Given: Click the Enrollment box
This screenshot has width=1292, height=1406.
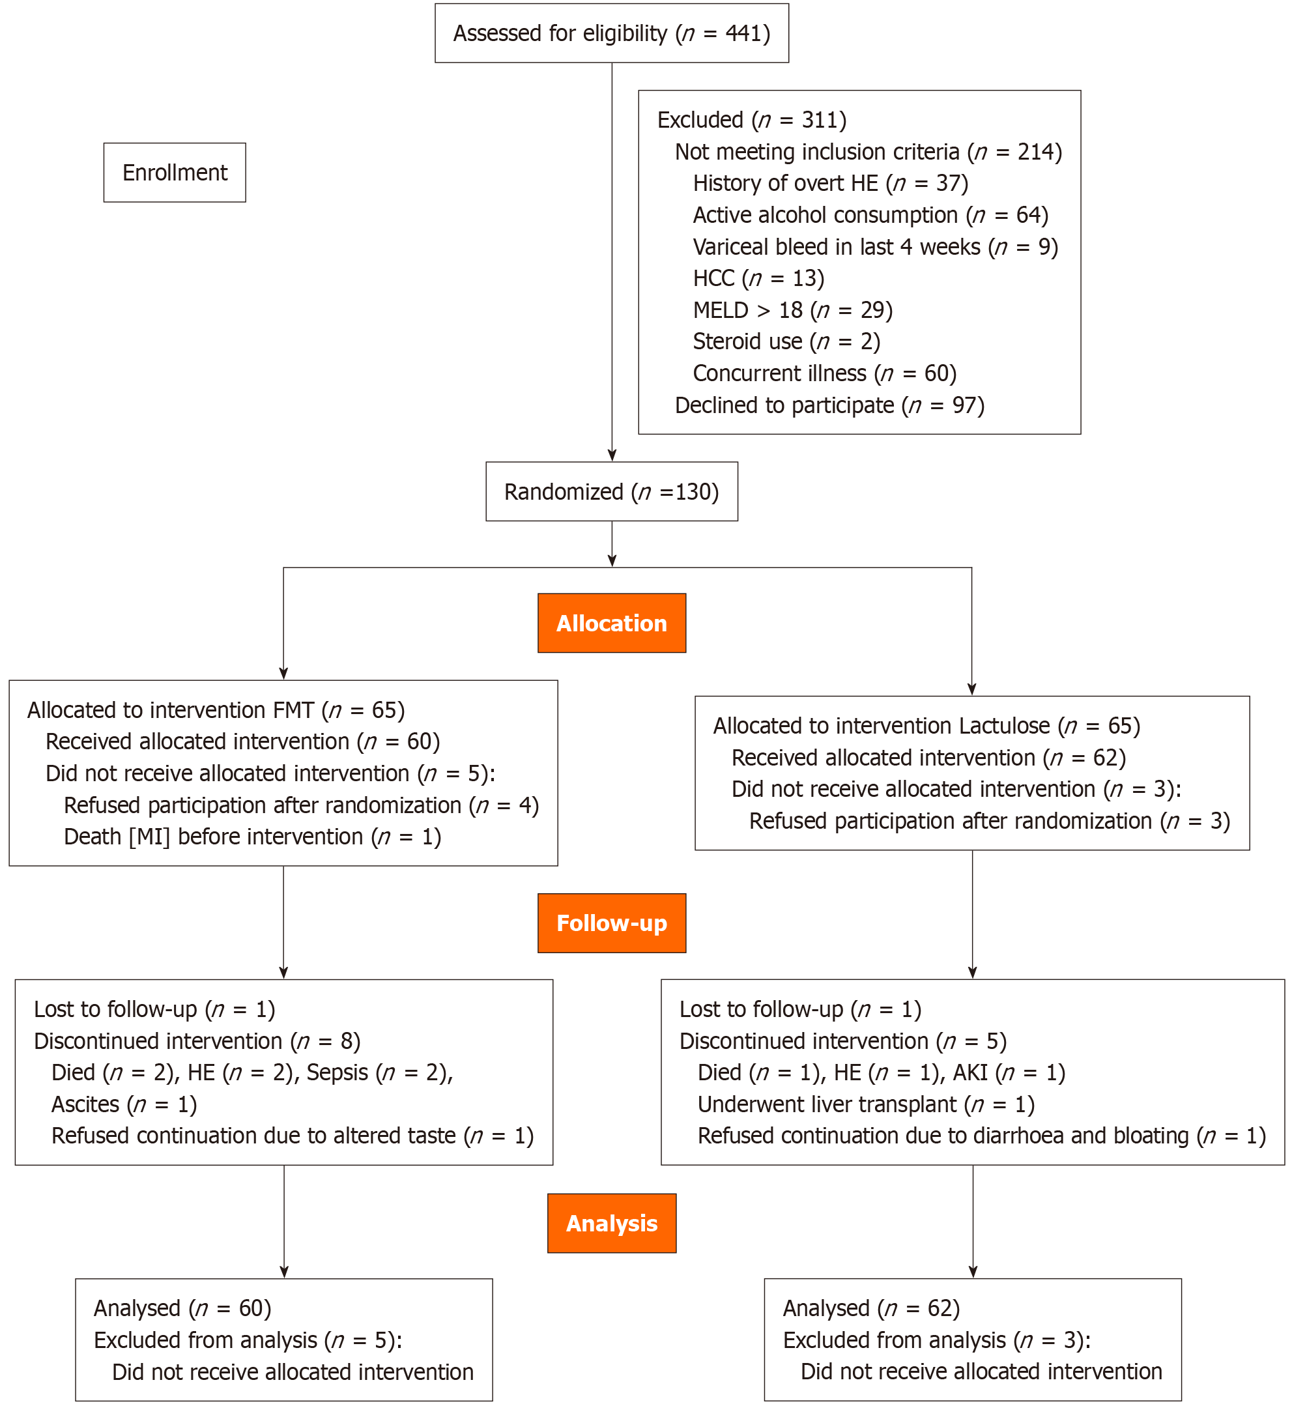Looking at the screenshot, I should click(175, 173).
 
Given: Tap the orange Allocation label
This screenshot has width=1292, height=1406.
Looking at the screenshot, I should click(612, 623).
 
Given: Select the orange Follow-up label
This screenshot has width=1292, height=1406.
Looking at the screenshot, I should click(612, 923).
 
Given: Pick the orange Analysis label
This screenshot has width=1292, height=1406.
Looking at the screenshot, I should click(612, 1223).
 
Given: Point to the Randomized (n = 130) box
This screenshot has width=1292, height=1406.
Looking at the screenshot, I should click(612, 491).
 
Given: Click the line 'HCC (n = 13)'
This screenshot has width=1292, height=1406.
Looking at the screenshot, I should click(758, 278).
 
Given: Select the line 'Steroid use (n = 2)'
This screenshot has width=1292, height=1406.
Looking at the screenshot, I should click(786, 341).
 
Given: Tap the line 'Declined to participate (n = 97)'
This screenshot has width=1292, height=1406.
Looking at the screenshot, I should click(829, 405).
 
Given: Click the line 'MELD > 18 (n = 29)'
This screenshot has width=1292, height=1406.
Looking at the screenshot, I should click(792, 309).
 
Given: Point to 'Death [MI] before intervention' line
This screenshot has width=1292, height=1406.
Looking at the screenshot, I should click(252, 836).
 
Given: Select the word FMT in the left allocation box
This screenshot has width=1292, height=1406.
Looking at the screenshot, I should click(293, 710).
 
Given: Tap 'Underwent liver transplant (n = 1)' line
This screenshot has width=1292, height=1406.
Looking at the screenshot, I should click(865, 1104).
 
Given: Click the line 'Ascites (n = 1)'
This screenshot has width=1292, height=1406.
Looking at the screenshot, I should click(124, 1104).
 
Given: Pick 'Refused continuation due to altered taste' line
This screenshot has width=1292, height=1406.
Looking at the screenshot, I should click(293, 1136).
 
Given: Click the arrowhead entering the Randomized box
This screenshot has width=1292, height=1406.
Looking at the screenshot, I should click(612, 456).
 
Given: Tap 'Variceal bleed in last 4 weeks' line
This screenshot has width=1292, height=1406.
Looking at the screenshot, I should click(874, 247).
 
